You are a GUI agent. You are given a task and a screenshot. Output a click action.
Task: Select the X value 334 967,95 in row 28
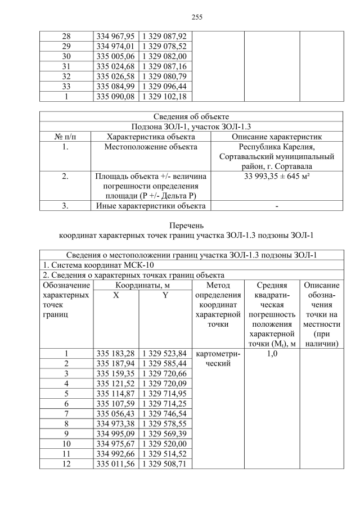pyautogui.click(x=114, y=36)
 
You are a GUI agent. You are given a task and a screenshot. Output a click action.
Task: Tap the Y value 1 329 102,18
pyautogui.click(x=164, y=96)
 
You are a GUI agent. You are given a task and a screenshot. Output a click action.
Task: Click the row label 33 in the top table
pyautogui.click(x=66, y=86)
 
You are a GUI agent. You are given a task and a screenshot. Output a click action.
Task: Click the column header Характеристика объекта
pyautogui.click(x=151, y=137)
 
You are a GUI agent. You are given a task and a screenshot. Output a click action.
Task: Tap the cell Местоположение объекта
pyautogui.click(x=151, y=147)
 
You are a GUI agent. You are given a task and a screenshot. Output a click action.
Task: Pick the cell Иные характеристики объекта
pyautogui.click(x=151, y=206)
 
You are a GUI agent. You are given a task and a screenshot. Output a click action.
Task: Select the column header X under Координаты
pyautogui.click(x=115, y=296)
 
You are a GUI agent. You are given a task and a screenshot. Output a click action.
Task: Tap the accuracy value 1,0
pyautogui.click(x=271, y=354)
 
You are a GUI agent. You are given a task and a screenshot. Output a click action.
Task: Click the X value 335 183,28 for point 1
pyautogui.click(x=115, y=354)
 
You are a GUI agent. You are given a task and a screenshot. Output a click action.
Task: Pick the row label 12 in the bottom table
pyautogui.click(x=66, y=464)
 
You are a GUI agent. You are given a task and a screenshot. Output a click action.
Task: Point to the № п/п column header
pyautogui.click(x=65, y=137)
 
